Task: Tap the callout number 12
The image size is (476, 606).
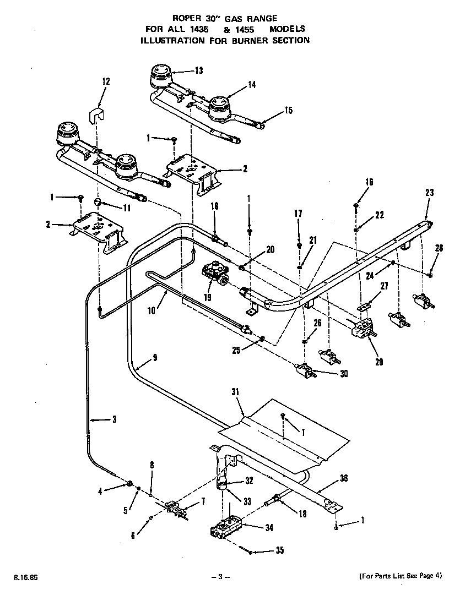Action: pyautogui.click(x=106, y=81)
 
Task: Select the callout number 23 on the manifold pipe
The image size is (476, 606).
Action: pyautogui.click(x=430, y=193)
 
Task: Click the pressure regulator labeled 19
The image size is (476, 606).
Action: pyautogui.click(x=215, y=273)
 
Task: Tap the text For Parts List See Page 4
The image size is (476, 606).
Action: pyautogui.click(x=400, y=576)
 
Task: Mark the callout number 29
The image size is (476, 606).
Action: pyautogui.click(x=379, y=362)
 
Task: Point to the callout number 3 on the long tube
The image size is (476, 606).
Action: pyautogui.click(x=114, y=420)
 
